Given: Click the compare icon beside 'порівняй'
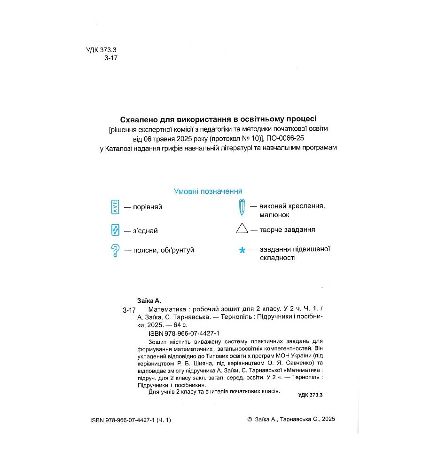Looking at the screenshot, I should [x=115, y=207].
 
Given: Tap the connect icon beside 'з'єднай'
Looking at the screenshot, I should [x=115, y=230].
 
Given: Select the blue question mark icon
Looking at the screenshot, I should [x=115, y=250].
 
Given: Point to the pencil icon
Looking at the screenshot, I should [x=242, y=207].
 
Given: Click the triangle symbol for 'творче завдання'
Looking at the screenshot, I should [x=242, y=229].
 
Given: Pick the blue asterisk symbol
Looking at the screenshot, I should [x=242, y=251].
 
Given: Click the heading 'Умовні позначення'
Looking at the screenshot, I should [x=208, y=191].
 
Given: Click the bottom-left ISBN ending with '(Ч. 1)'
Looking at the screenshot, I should [x=130, y=420].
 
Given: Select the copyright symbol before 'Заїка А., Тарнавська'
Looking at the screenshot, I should [x=249, y=420].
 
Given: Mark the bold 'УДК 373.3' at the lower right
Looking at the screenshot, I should [x=311, y=396].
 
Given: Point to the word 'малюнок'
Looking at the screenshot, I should [x=274, y=214].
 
